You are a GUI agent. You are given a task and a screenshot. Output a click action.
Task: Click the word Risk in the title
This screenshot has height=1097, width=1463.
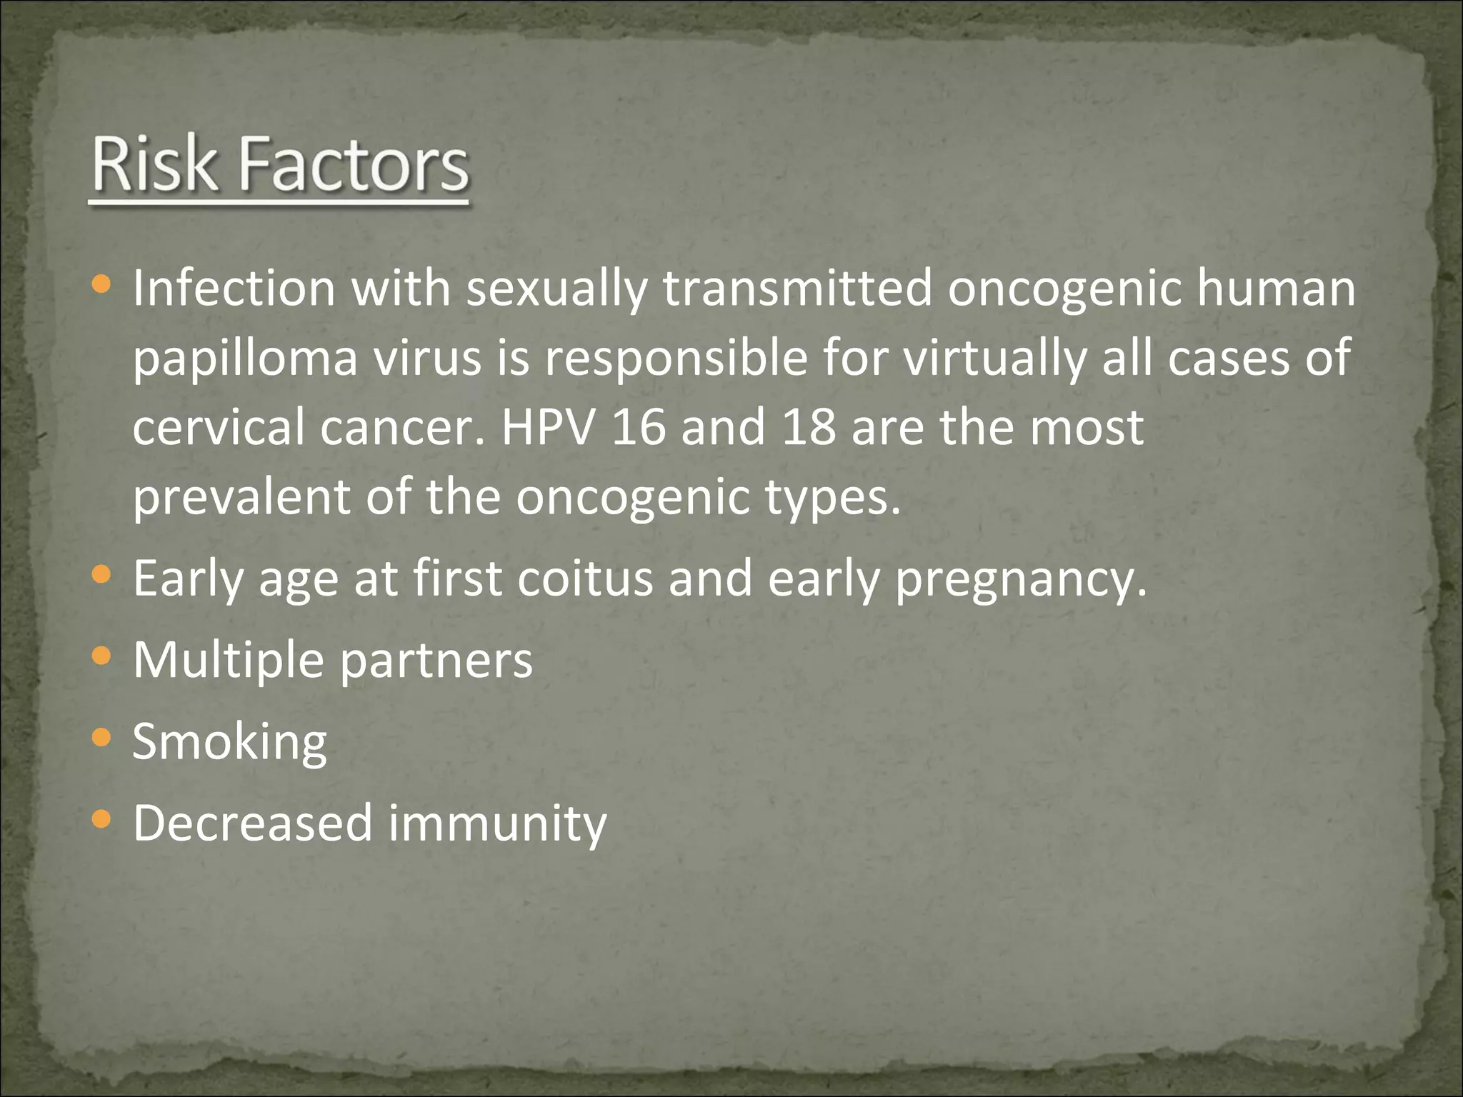154,165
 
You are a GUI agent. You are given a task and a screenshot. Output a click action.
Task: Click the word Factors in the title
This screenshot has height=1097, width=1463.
353,165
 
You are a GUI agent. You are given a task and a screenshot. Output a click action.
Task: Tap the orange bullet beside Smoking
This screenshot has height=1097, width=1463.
102,736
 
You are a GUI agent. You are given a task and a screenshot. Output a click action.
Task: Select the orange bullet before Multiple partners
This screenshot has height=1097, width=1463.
102,655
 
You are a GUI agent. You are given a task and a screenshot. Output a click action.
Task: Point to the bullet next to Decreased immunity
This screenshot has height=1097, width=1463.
102,818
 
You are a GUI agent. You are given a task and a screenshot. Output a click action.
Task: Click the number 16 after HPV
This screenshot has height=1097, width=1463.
639,427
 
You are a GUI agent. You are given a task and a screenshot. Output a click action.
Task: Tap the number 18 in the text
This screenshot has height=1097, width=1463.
809,427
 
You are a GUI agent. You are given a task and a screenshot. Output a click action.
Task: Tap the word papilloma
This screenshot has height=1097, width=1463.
245,360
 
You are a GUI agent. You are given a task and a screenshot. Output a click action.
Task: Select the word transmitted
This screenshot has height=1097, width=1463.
797,289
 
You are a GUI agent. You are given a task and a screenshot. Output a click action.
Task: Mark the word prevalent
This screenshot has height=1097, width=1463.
241,497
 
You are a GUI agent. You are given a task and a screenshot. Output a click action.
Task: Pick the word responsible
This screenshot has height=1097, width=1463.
675,360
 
